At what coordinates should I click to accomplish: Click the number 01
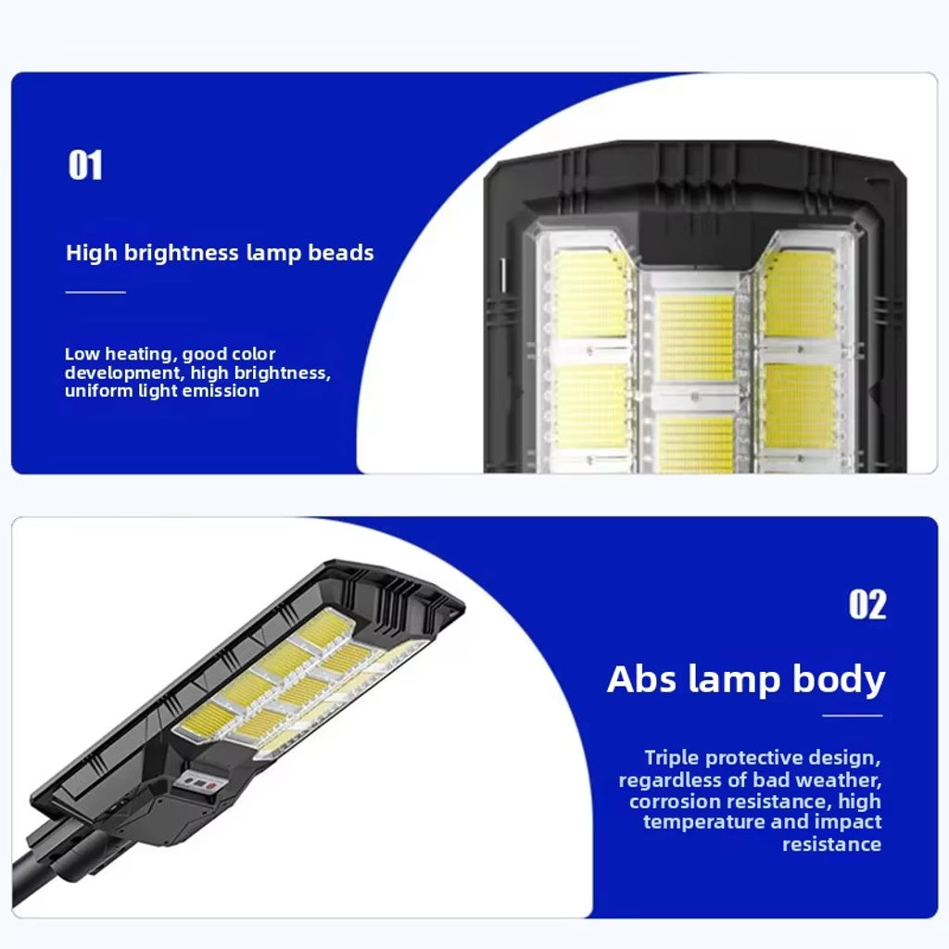pyautogui.click(x=85, y=165)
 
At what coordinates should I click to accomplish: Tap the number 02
pyautogui.click(x=867, y=604)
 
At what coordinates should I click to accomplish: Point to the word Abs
pyautogui.click(x=641, y=678)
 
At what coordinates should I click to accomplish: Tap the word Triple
pyautogui.click(x=673, y=758)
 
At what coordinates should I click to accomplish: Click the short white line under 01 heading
pyautogui.click(x=95, y=292)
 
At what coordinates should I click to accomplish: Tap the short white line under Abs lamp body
pyautogui.click(x=853, y=715)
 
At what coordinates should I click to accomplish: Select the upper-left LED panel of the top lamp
pyautogui.click(x=590, y=294)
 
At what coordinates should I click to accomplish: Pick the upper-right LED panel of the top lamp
pyautogui.click(x=800, y=295)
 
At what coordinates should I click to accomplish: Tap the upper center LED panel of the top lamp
pyautogui.click(x=695, y=337)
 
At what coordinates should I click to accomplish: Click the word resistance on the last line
pyautogui.click(x=831, y=844)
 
